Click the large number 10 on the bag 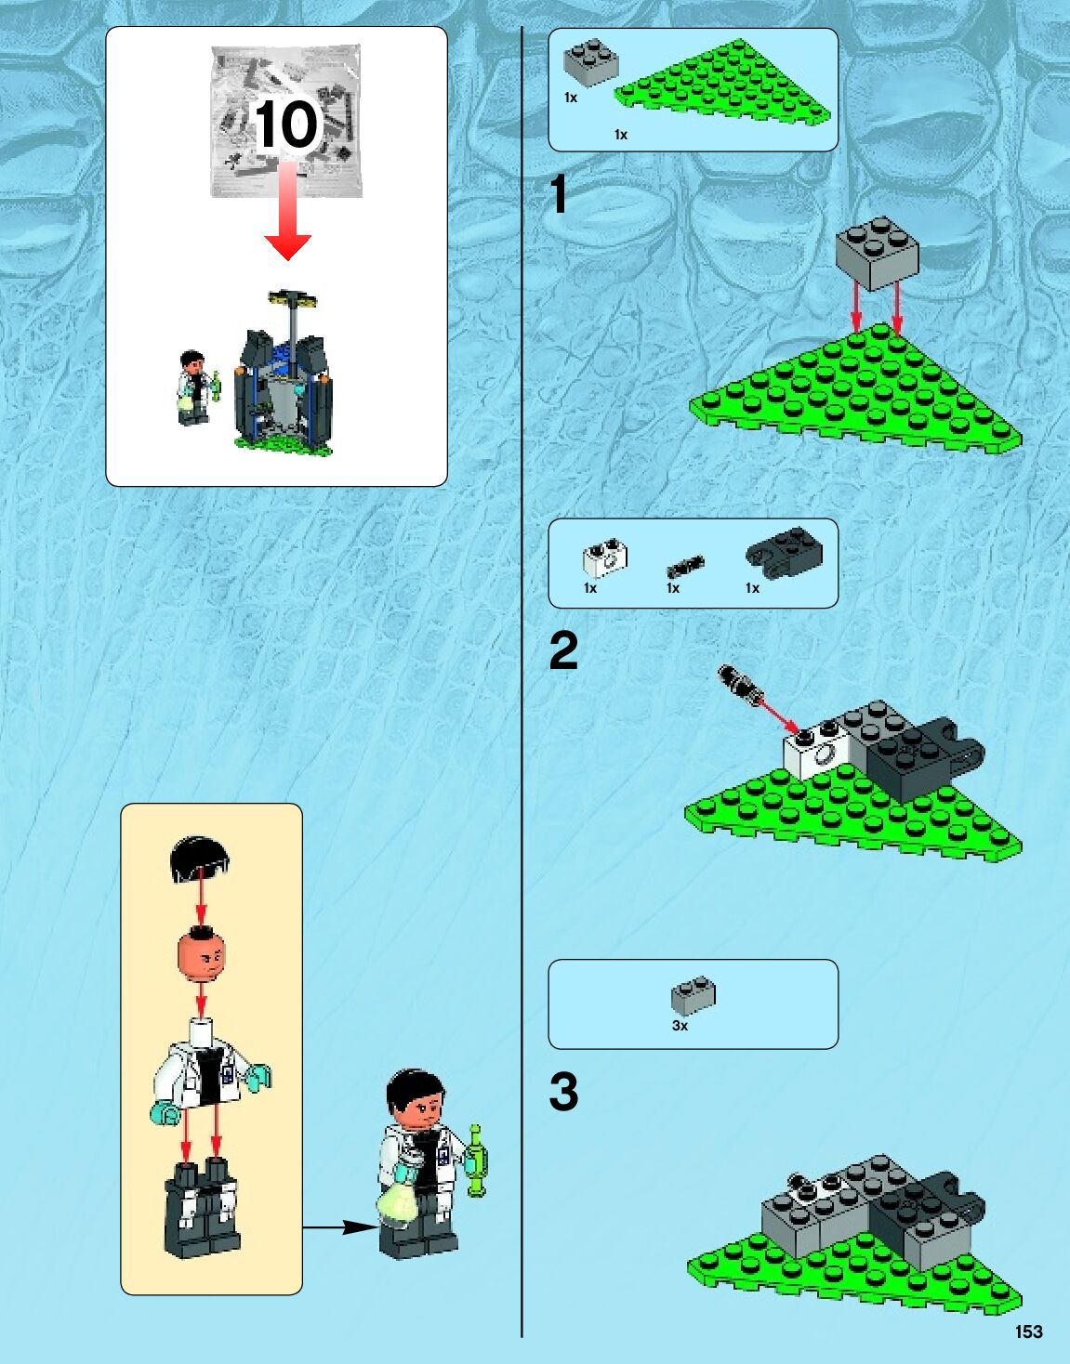pos(287,125)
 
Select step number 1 pos(558,194)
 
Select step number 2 pos(563,651)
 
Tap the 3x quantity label pos(680,1026)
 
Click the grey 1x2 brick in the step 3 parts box pos(694,995)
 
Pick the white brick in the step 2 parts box pos(605,557)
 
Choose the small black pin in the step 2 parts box pos(686,566)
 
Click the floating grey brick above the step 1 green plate pos(878,253)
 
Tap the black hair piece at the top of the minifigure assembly pos(200,858)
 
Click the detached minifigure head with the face pos(201,955)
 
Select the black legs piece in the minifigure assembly pos(202,1210)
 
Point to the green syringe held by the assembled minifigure pos(477,1161)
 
